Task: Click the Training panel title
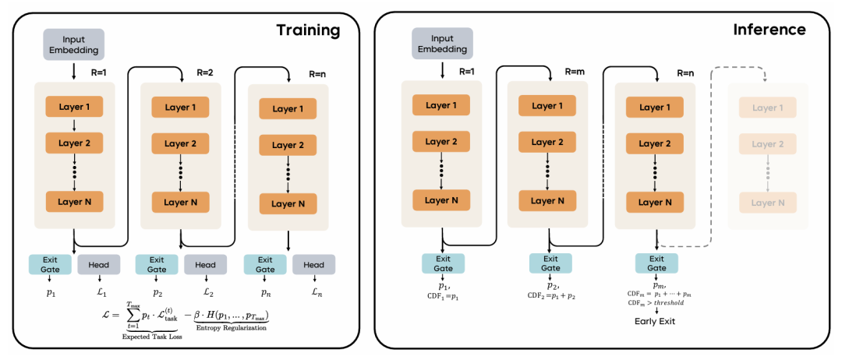coord(308,30)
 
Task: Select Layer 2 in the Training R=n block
coord(288,145)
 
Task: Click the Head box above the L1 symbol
coord(97,265)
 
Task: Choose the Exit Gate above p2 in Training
coord(157,265)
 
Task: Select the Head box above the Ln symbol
coord(313,265)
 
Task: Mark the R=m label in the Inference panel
coord(575,72)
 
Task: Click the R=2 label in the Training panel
coord(206,72)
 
